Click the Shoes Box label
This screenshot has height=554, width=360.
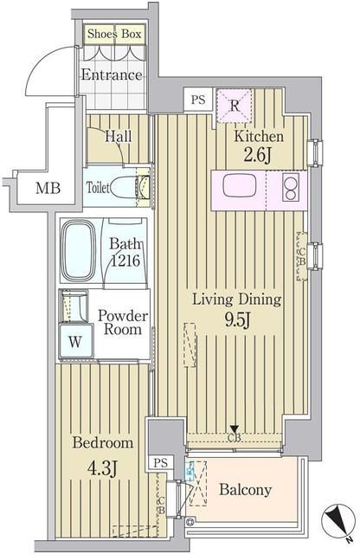point(114,34)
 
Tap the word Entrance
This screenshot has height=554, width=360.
point(111,75)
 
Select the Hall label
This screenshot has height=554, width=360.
point(118,136)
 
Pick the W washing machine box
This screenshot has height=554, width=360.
point(75,340)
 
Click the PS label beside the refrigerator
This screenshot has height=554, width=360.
point(198,100)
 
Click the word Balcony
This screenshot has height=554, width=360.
point(245,490)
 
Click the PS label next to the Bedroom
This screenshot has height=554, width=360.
point(160,462)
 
